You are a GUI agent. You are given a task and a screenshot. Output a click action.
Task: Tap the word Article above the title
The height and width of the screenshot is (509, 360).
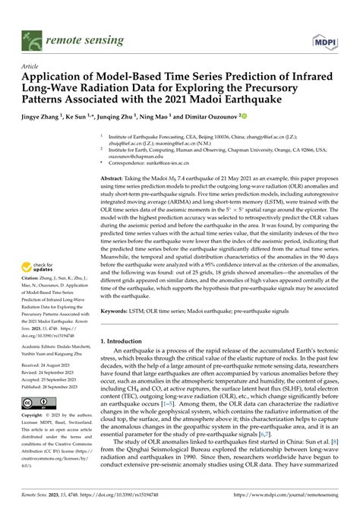point(31,66)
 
